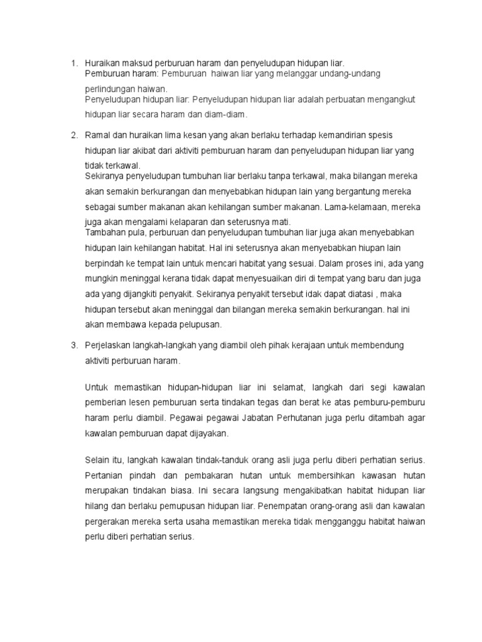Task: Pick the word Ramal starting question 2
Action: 97,135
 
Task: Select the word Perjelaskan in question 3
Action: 109,345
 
